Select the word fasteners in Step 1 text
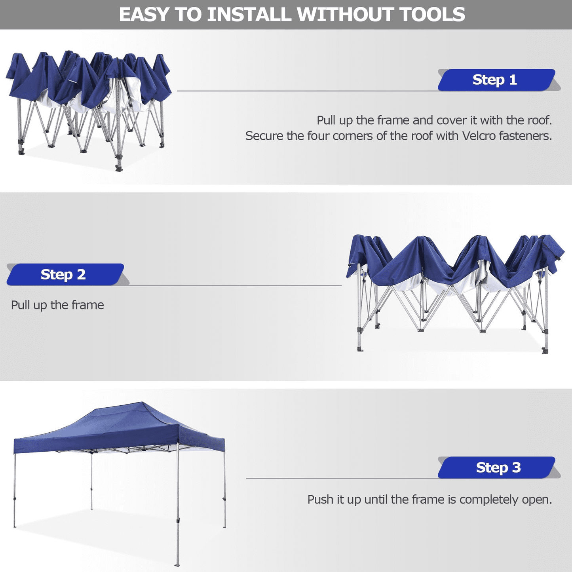click(525, 136)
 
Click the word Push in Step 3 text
click(320, 500)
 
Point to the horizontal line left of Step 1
click(307, 91)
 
